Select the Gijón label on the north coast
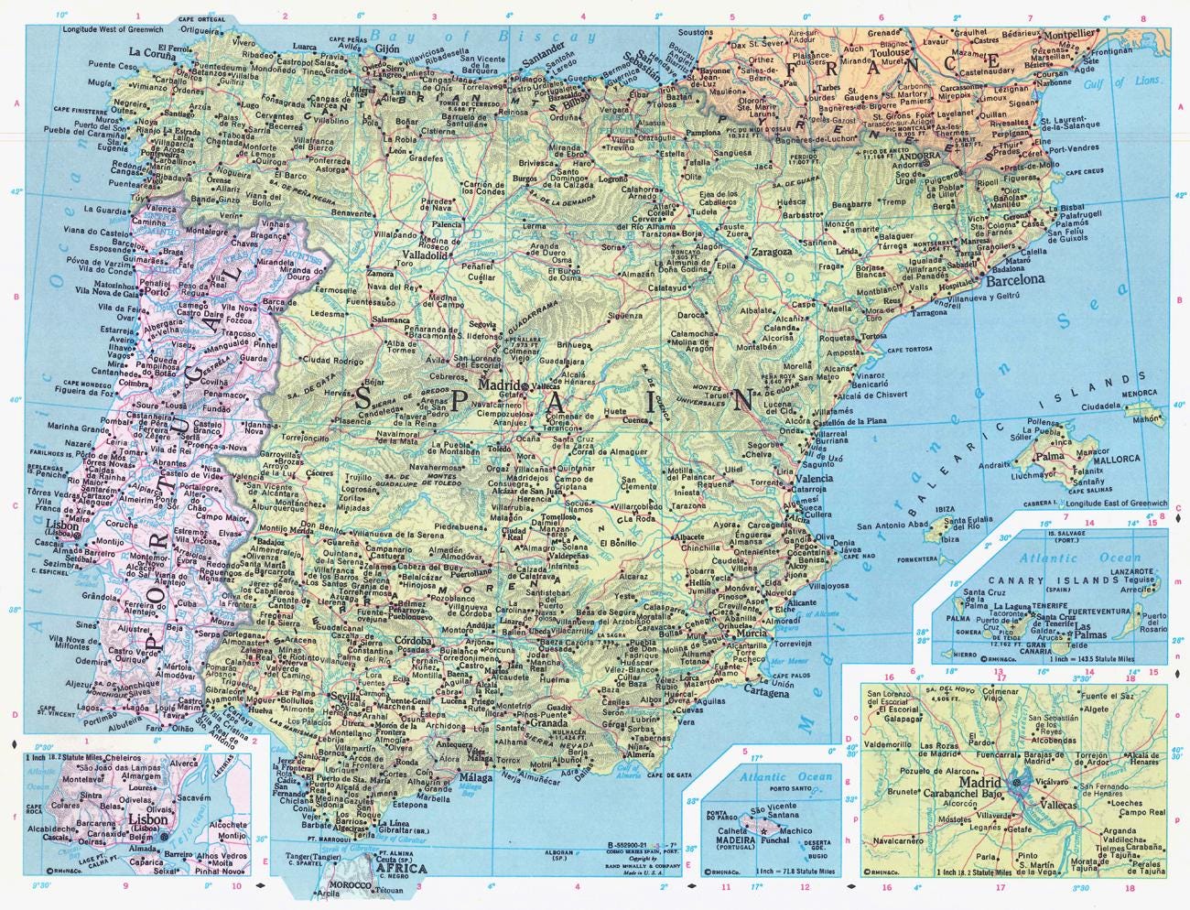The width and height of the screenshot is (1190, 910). pos(389,49)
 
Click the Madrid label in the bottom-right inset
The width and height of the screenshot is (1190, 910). pos(978,784)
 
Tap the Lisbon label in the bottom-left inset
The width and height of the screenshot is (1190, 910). pos(130,820)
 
